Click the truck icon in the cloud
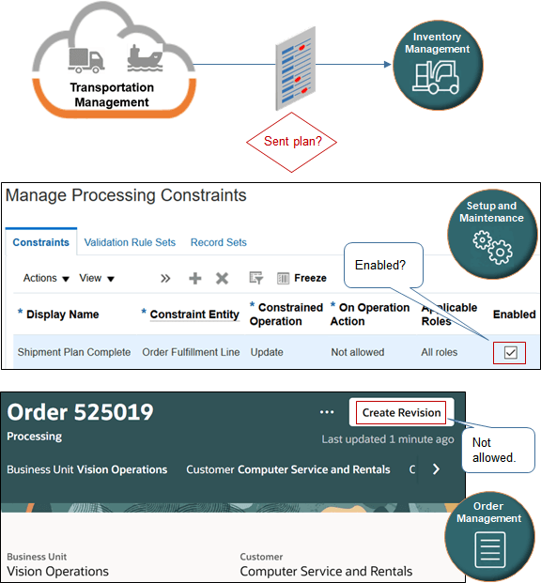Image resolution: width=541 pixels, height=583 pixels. click(85, 59)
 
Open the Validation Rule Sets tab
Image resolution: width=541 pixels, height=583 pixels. click(130, 242)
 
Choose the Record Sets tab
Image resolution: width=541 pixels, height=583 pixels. click(218, 242)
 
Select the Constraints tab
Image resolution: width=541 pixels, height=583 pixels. click(40, 242)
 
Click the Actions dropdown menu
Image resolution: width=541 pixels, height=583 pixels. click(46, 278)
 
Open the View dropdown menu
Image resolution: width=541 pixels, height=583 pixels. click(97, 278)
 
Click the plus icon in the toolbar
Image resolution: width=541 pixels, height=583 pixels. click(195, 278)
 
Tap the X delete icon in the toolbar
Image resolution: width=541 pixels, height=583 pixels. click(223, 278)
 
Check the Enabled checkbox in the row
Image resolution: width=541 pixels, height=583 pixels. click(509, 353)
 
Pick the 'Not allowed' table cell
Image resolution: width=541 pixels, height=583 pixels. click(358, 352)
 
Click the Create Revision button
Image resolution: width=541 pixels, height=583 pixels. click(401, 412)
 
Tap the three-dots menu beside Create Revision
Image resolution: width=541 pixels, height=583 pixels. click(326, 412)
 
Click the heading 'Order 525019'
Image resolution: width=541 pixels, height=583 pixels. click(81, 412)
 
